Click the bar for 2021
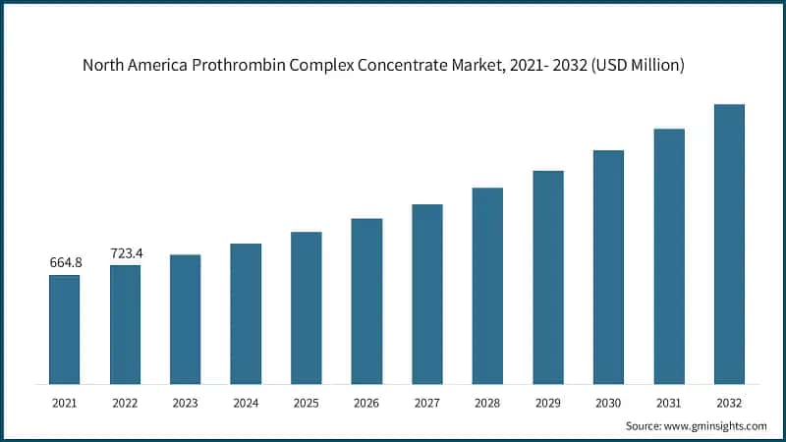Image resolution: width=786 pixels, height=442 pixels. (x=65, y=329)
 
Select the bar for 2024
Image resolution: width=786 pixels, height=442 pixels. (x=246, y=313)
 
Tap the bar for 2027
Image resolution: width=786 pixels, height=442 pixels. (x=427, y=294)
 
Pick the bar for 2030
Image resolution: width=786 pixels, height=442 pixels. (x=608, y=266)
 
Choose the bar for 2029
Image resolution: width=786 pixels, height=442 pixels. (x=548, y=277)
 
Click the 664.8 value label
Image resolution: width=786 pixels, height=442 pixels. (x=65, y=262)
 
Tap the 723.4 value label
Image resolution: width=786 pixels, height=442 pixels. (x=125, y=253)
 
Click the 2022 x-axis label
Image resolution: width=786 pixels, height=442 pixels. (x=125, y=402)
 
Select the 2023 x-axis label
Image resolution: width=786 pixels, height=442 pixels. (x=186, y=402)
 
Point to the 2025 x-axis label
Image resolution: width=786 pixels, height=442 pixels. (x=307, y=402)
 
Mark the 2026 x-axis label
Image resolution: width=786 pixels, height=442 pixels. (x=366, y=402)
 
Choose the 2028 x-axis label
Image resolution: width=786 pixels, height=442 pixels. (x=487, y=402)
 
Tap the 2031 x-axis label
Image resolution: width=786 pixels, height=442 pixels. (x=669, y=402)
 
